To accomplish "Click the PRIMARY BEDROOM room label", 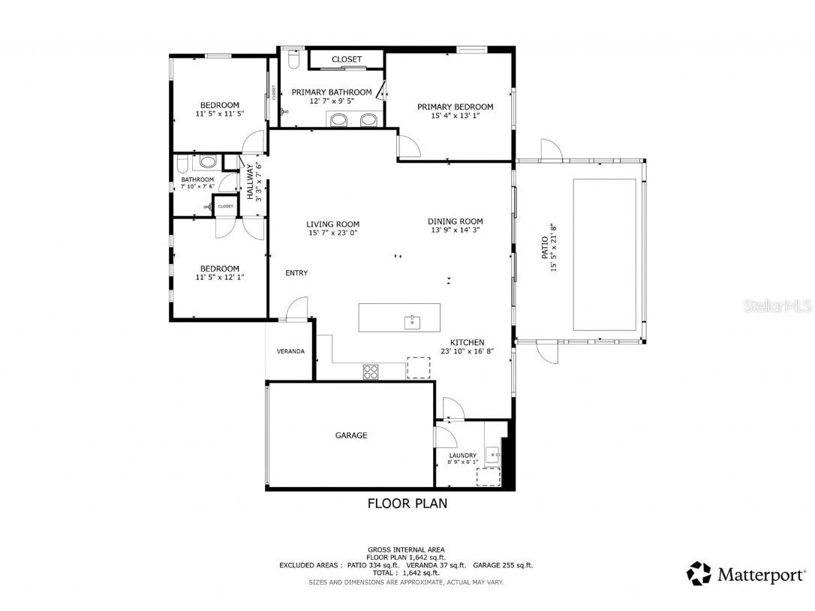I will click(455, 107).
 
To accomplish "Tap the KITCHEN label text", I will click(467, 342).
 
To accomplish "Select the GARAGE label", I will click(350, 435).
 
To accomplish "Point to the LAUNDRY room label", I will click(462, 456).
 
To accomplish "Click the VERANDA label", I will click(290, 351).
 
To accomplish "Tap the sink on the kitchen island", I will click(411, 322).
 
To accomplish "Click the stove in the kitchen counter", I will click(371, 370).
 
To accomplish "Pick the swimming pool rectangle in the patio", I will click(605, 254).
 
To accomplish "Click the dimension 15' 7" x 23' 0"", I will click(332, 233).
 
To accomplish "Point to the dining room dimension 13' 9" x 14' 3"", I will click(455, 230).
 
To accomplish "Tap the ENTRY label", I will click(296, 273).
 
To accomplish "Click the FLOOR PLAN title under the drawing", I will click(407, 504).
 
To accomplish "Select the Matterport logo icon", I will click(699, 574).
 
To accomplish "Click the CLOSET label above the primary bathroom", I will click(346, 59).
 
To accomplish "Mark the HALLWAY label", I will click(251, 182).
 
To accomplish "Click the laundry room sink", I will click(492, 453).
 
